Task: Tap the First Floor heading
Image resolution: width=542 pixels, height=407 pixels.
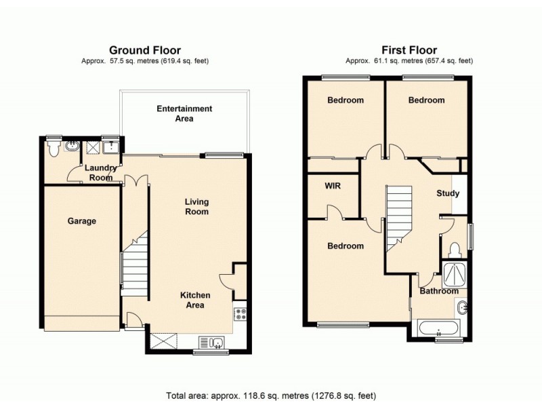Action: [409, 50]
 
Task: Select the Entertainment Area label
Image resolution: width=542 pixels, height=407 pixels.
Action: [184, 113]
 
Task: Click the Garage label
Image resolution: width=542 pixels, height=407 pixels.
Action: [81, 220]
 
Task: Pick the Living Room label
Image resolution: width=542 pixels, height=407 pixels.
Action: [198, 206]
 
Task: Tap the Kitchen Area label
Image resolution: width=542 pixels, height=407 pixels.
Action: [194, 300]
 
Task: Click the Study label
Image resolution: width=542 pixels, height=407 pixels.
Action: [447, 193]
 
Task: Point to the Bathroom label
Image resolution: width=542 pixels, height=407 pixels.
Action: [439, 291]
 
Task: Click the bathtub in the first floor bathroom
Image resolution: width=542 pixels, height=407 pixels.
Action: [440, 330]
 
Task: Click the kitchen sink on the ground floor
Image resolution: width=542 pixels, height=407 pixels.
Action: [213, 341]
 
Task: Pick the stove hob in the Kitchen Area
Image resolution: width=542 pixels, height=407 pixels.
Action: [239, 314]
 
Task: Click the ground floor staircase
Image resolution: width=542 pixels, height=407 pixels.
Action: [135, 265]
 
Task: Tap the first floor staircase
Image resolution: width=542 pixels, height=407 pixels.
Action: [399, 217]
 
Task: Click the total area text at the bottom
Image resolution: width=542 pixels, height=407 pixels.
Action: [271, 395]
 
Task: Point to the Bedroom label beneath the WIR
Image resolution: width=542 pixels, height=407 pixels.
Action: [345, 246]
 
